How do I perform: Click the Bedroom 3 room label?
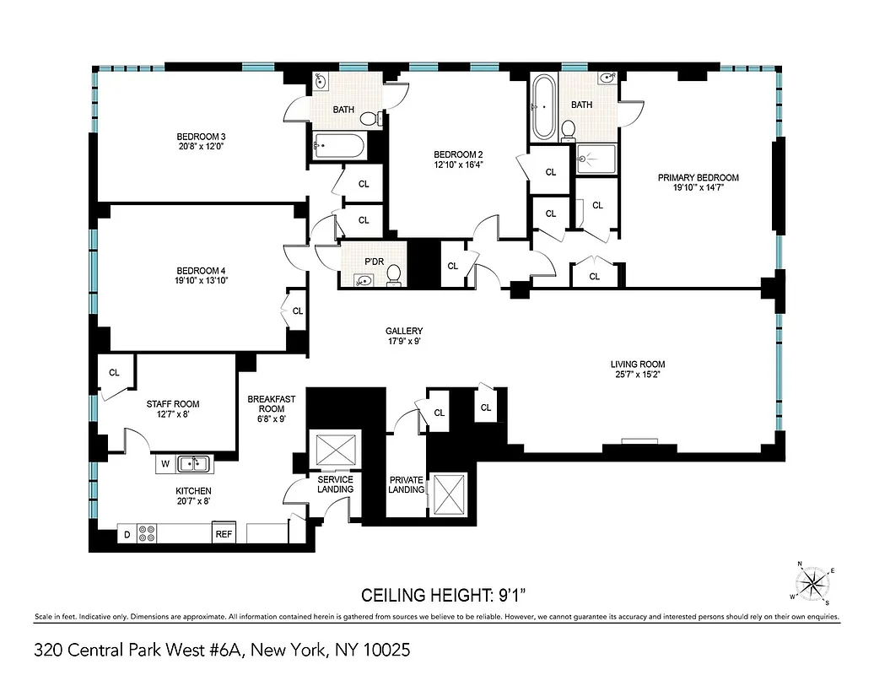coord(200,137)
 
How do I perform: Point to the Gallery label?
coord(404,331)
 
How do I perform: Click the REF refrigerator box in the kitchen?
coord(224,534)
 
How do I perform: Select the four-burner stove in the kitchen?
coord(146,533)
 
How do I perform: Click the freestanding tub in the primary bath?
coord(543,108)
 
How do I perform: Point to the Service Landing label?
coord(335,485)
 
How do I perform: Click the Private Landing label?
coord(406,485)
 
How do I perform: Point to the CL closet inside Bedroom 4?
coord(297,311)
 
